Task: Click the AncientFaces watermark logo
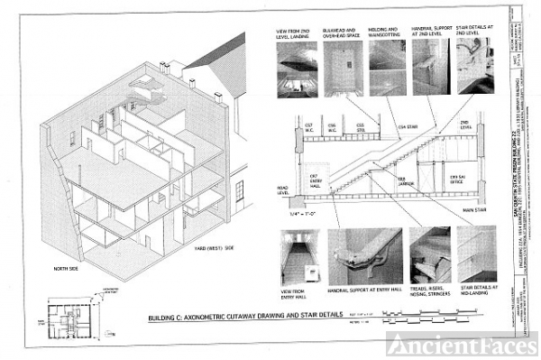point(462,344)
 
